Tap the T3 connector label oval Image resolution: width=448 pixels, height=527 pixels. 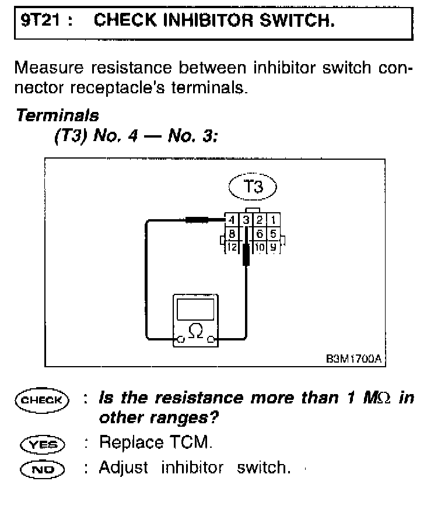tap(253, 187)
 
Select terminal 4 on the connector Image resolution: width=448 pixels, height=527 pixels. tap(231, 220)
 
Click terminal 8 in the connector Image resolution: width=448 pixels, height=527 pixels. tap(231, 234)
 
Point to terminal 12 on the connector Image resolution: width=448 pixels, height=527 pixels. tap(231, 247)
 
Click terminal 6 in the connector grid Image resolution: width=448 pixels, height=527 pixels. tap(259, 234)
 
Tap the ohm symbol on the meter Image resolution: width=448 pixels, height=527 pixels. tap(197, 331)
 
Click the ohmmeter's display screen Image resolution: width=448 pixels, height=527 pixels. tap(197, 308)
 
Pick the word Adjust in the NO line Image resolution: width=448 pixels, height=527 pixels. tap(124, 468)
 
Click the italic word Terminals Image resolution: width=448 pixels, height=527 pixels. tap(57, 115)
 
